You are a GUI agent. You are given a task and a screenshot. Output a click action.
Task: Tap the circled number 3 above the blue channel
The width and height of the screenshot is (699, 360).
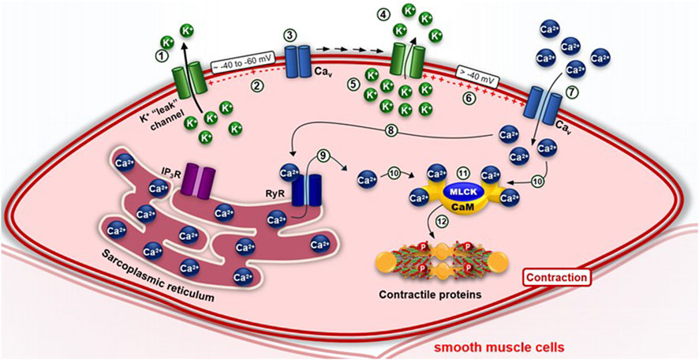(290, 36)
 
